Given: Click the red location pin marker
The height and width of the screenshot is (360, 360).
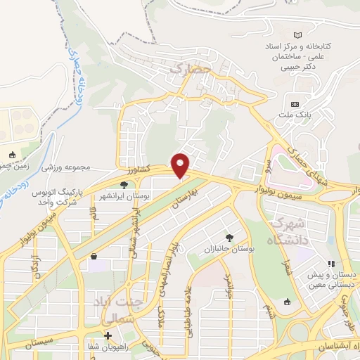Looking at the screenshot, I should (181, 165).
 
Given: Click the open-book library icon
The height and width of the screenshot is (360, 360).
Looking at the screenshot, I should (297, 35).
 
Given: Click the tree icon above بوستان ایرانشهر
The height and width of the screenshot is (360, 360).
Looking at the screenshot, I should (124, 184).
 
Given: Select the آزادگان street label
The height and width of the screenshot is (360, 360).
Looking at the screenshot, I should (31, 269).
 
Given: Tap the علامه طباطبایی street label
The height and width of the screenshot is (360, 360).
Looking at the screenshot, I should (189, 317).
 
